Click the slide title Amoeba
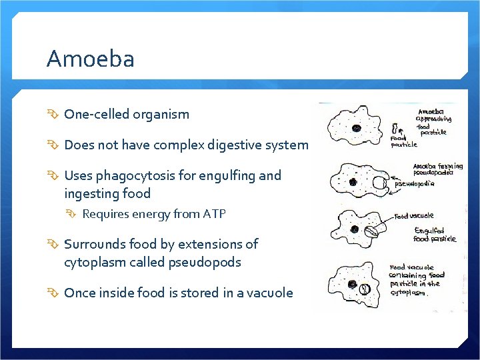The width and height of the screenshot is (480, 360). pos(90,59)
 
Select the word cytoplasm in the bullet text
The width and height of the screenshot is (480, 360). pos(95,262)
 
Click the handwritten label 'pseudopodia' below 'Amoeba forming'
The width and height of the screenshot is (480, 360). pos(415,183)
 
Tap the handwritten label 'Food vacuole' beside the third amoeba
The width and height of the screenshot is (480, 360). pos(414,215)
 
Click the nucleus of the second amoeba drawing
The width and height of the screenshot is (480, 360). pos(353,181)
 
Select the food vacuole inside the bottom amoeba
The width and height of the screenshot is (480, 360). pos(365,289)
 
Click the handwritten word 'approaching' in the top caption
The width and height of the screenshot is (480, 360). pos(434,119)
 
